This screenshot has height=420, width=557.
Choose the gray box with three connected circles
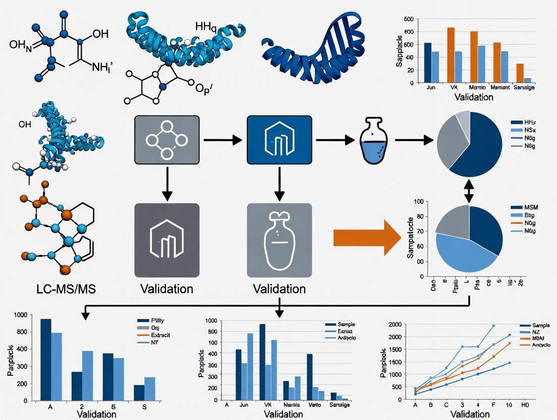click(166, 139)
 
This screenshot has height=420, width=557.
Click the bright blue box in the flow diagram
click(278, 139)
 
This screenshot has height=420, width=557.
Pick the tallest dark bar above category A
click(45, 359)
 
